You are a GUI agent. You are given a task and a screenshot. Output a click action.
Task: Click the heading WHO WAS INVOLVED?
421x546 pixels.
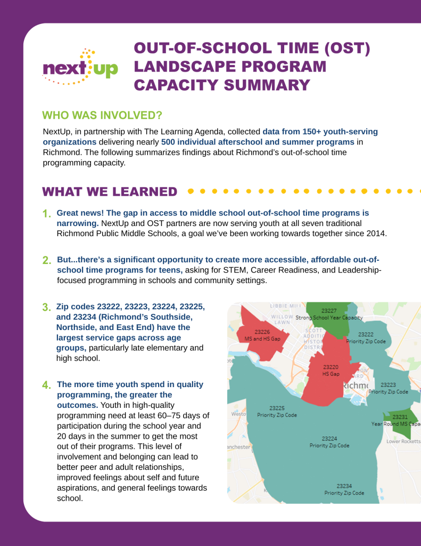(102, 116)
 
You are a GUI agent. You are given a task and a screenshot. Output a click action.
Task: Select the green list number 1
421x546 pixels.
(47, 214)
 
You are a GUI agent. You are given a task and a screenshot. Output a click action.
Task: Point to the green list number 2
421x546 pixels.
(47, 260)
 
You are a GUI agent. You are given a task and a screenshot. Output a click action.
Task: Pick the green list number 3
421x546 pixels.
(46, 308)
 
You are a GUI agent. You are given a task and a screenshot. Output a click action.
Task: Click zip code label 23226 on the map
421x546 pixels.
(262, 332)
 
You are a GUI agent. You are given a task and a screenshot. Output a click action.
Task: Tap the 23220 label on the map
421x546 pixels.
(331, 367)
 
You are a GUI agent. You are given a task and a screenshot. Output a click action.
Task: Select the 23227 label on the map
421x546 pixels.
(328, 310)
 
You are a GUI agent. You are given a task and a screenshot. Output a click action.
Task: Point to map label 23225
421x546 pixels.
(277, 408)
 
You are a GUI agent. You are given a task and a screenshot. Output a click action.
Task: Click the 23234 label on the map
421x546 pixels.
(344, 486)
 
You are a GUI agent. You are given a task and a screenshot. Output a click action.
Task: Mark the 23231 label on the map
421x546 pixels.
(400, 416)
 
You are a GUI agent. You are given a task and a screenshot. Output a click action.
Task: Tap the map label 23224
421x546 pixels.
(329, 438)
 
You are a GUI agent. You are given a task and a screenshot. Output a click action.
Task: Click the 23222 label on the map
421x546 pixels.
(366, 334)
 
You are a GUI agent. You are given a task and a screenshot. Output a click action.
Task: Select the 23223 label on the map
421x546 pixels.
(388, 384)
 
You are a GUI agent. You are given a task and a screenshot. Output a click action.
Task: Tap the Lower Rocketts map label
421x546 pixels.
(403, 441)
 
